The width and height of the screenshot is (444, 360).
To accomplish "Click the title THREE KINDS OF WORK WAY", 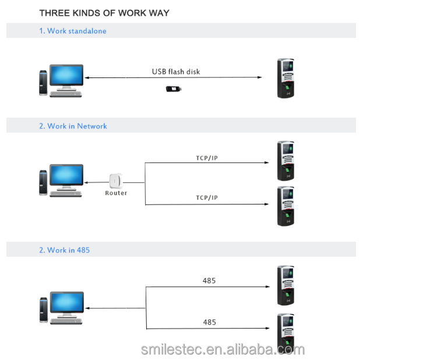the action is coord(104,13).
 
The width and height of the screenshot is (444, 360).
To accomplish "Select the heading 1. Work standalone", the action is coord(73,31).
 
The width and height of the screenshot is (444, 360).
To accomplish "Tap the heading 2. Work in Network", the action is coord(73,126).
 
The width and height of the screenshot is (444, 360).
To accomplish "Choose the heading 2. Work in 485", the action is coord(64,250).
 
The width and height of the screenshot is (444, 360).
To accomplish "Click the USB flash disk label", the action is coord(176,72).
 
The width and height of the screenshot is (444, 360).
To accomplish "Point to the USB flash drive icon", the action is coord(175,89).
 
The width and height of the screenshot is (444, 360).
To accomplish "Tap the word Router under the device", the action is coord(116,193).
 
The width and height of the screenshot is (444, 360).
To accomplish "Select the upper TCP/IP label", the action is coord(206,158).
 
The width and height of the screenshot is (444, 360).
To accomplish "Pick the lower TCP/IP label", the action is coord(206,198).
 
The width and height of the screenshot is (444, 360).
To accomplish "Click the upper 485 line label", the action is coord(209,281).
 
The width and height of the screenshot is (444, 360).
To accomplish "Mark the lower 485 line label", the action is coord(209,322).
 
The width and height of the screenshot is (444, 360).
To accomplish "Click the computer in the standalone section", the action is coord(61,80).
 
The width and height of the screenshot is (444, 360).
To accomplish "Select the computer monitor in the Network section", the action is coord(66,174).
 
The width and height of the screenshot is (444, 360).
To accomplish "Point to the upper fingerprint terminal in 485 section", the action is coord(286,285).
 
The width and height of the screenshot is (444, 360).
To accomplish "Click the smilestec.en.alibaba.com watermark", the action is coord(223,349).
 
